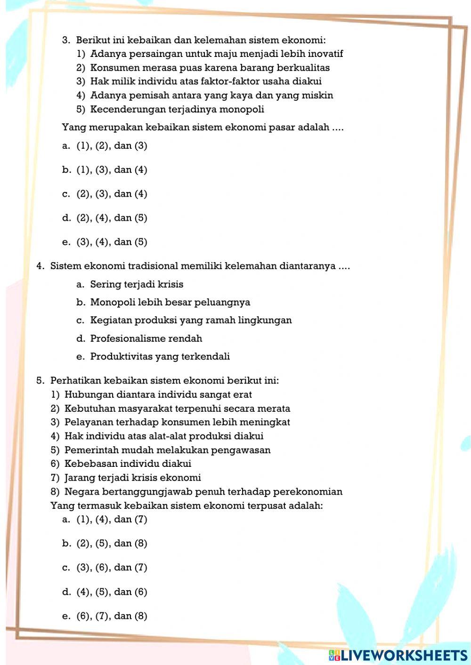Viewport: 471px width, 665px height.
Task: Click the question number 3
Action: point(66,40)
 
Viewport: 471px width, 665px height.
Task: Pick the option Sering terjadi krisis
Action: point(137,284)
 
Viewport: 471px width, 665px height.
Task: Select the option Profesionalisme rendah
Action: point(146,338)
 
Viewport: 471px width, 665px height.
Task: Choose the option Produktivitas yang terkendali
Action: point(160,357)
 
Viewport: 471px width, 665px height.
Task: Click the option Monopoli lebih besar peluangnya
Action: point(170,302)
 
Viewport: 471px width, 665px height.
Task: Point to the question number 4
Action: point(40,266)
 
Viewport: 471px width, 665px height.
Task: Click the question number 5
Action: point(40,380)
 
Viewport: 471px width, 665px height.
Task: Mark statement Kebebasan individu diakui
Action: point(128,464)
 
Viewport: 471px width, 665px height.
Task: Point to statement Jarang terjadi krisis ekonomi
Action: point(132,478)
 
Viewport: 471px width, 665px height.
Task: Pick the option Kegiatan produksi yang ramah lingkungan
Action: point(191,320)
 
